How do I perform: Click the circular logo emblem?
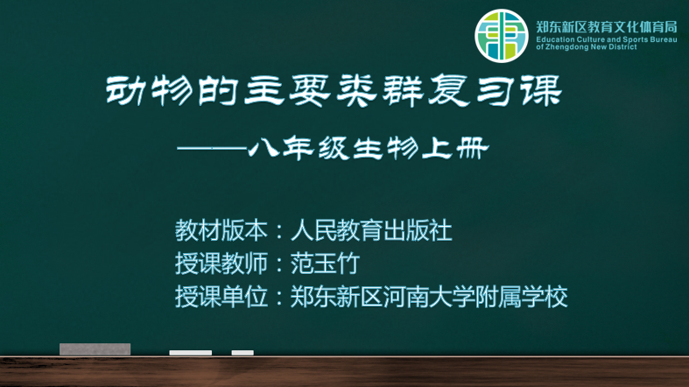tap(502, 36)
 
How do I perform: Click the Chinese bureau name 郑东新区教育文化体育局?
tap(607, 27)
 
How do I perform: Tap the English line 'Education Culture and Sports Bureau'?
tap(607, 39)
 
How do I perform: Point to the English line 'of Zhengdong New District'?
tap(587, 47)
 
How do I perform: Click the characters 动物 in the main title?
tap(150, 90)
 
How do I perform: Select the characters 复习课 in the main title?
tap(495, 90)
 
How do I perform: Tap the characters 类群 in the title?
tap(380, 90)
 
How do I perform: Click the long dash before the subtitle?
tap(212, 149)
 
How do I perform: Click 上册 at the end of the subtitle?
tap(455, 149)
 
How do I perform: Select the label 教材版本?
tap(221, 230)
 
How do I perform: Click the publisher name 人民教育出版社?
tap(371, 230)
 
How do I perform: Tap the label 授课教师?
tap(221, 264)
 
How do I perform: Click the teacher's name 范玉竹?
tap(325, 264)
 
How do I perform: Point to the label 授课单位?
tap(221, 297)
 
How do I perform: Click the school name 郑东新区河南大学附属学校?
tap(429, 297)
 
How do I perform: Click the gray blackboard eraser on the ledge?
tap(95, 349)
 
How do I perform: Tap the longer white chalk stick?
tap(190, 353)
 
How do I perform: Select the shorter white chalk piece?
tap(243, 353)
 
